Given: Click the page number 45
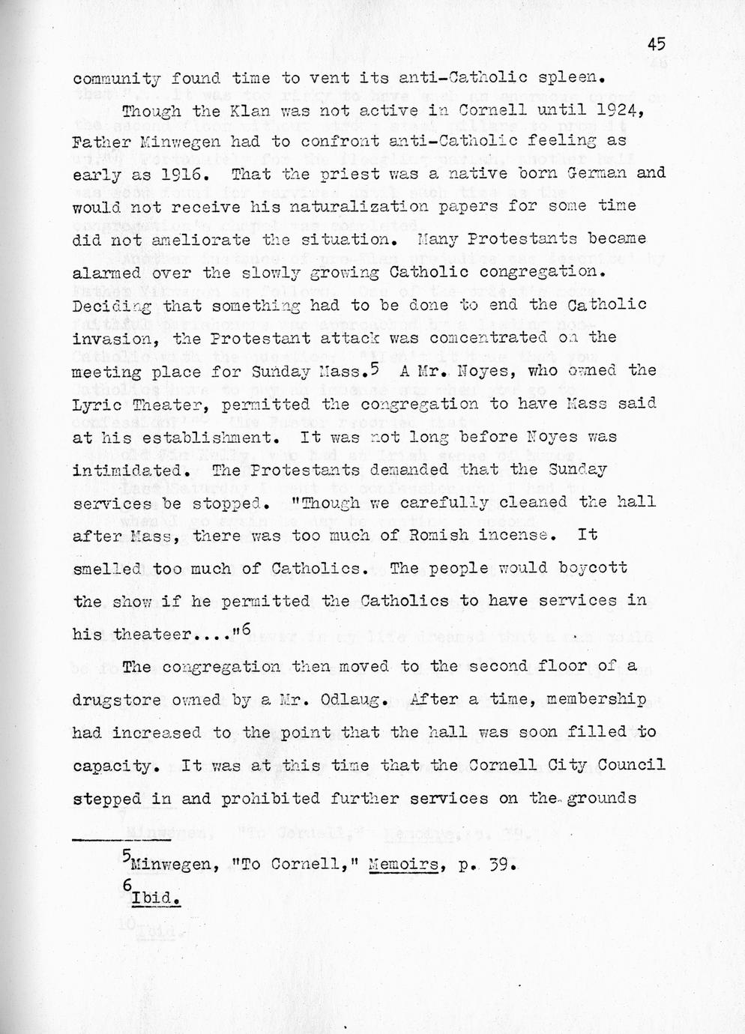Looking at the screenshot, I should [657, 44].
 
